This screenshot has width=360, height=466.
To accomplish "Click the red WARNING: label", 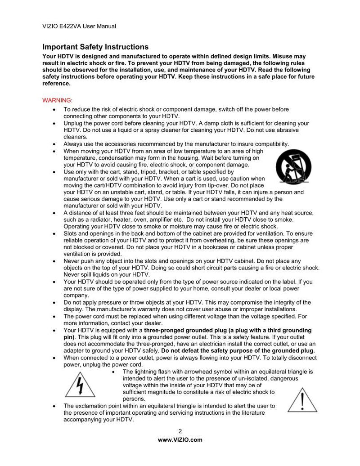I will coord(57,100).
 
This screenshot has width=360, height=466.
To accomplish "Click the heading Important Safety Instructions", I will coord(95,47).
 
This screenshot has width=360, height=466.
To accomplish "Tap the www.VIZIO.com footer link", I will coord(180,440).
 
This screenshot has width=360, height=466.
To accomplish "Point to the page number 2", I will coord(180,432).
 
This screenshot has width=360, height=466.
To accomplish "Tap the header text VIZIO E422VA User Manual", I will coord(79,26).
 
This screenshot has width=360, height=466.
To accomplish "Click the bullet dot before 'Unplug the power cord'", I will coord(54,123).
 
